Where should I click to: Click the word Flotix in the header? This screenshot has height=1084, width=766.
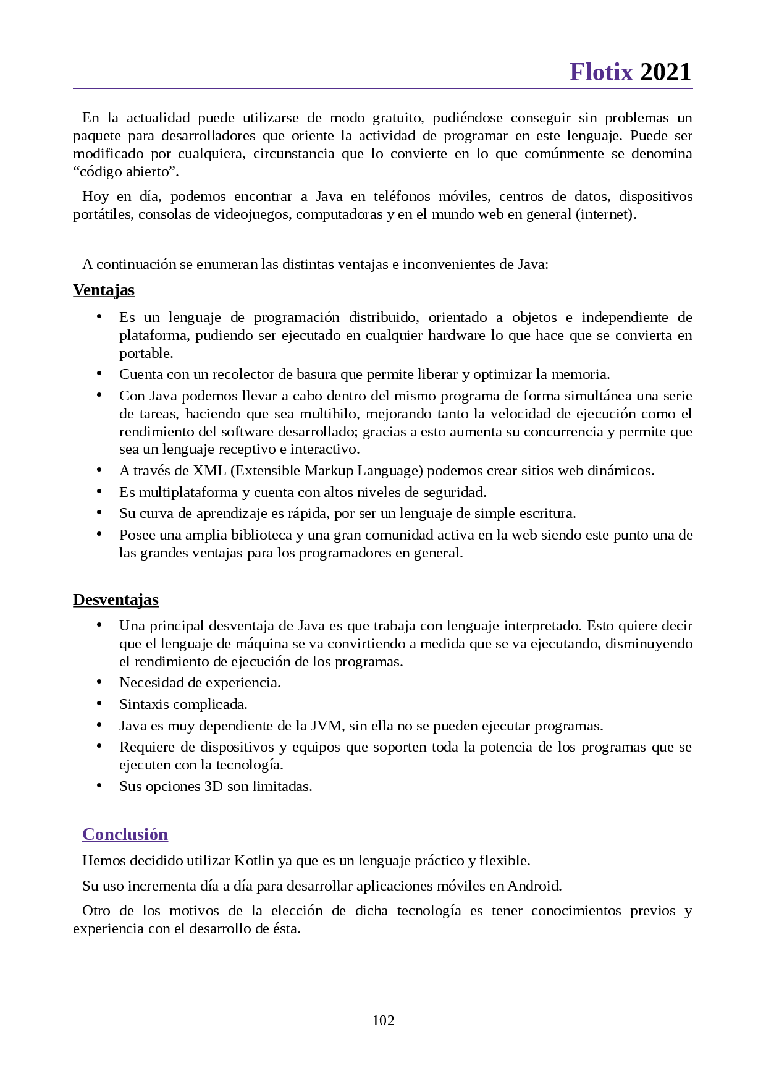pyautogui.click(x=601, y=72)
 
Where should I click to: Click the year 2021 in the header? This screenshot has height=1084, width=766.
pyautogui.click(x=665, y=72)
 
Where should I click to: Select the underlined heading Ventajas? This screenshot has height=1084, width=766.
pyautogui.click(x=104, y=290)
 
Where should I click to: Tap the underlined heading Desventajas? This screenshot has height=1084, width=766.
pyautogui.click(x=116, y=599)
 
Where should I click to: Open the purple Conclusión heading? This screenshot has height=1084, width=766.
pyautogui.click(x=125, y=834)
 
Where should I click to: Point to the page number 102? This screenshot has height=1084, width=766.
pyautogui.click(x=383, y=1020)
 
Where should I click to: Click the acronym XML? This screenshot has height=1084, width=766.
pyautogui.click(x=209, y=471)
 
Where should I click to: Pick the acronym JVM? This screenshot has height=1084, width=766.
pyautogui.click(x=326, y=726)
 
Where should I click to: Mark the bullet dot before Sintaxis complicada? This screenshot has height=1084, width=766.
pyautogui.click(x=99, y=703)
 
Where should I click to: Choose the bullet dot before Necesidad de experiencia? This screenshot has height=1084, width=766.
pyautogui.click(x=99, y=682)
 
